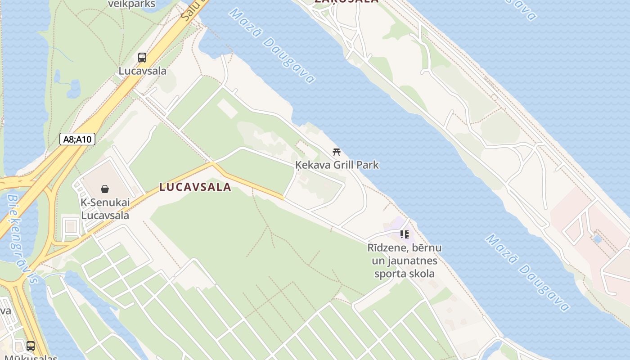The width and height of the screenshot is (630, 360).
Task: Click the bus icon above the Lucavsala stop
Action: coord(142,58)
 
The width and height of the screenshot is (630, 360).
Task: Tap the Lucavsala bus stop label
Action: coord(142,71)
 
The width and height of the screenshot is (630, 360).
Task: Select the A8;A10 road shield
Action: coord(77,139)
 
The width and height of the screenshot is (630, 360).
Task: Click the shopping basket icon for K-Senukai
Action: coord(105,189)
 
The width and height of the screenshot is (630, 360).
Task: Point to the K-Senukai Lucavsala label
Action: coord(105,209)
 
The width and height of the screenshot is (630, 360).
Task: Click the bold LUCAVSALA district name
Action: coord(195,187)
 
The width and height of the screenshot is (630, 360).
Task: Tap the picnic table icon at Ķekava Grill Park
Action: coord(336,152)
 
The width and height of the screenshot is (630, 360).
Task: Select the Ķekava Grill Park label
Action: coord(337,165)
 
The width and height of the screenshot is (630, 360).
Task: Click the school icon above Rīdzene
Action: coord(405,234)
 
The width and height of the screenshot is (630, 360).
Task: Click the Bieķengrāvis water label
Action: coord(22,238)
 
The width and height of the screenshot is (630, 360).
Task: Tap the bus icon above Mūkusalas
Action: coord(31,346)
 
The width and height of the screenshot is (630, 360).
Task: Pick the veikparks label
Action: coord(132,4)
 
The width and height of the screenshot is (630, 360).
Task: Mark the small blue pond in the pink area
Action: coord(597,239)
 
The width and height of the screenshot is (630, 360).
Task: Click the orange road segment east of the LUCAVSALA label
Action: coord(252,184)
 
